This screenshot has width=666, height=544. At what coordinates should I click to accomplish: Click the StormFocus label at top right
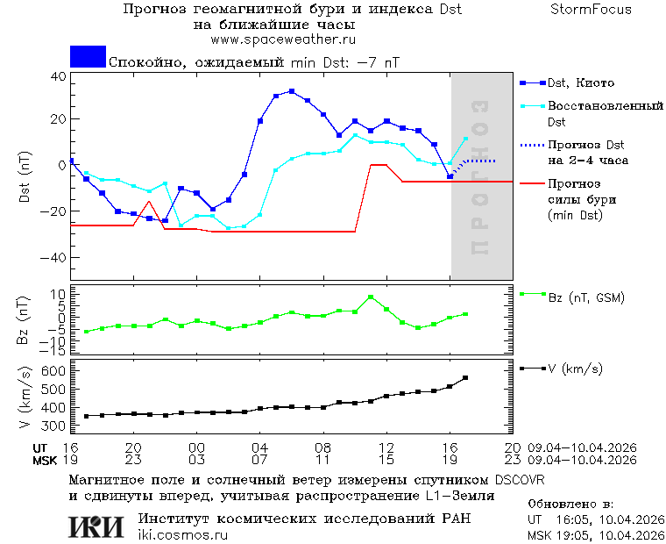click(x=591, y=10)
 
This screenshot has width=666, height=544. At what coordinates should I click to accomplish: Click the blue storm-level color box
click(x=88, y=57)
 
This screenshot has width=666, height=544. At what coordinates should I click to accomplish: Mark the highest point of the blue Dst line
click(x=292, y=91)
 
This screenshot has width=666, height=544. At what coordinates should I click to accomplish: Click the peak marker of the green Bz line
click(x=371, y=297)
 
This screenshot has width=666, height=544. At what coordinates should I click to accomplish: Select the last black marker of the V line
click(x=465, y=378)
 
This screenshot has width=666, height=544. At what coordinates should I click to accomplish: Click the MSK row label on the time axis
click(x=45, y=460)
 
